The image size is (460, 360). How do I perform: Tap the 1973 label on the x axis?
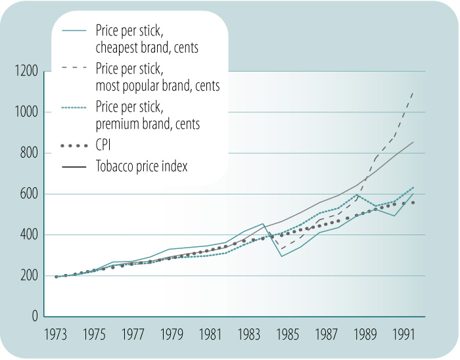click(57, 333)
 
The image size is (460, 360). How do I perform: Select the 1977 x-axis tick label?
click(133, 333)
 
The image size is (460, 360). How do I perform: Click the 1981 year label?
click(210, 333)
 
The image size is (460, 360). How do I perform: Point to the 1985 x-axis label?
click(287, 333)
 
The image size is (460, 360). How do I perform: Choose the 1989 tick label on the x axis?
click(364, 333)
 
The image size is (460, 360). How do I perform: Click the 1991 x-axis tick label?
click(402, 333)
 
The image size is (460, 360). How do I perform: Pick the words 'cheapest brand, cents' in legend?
click(147, 47)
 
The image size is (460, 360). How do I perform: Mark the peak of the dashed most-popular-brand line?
click(413, 92)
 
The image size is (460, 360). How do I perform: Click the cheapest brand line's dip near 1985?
click(282, 256)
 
